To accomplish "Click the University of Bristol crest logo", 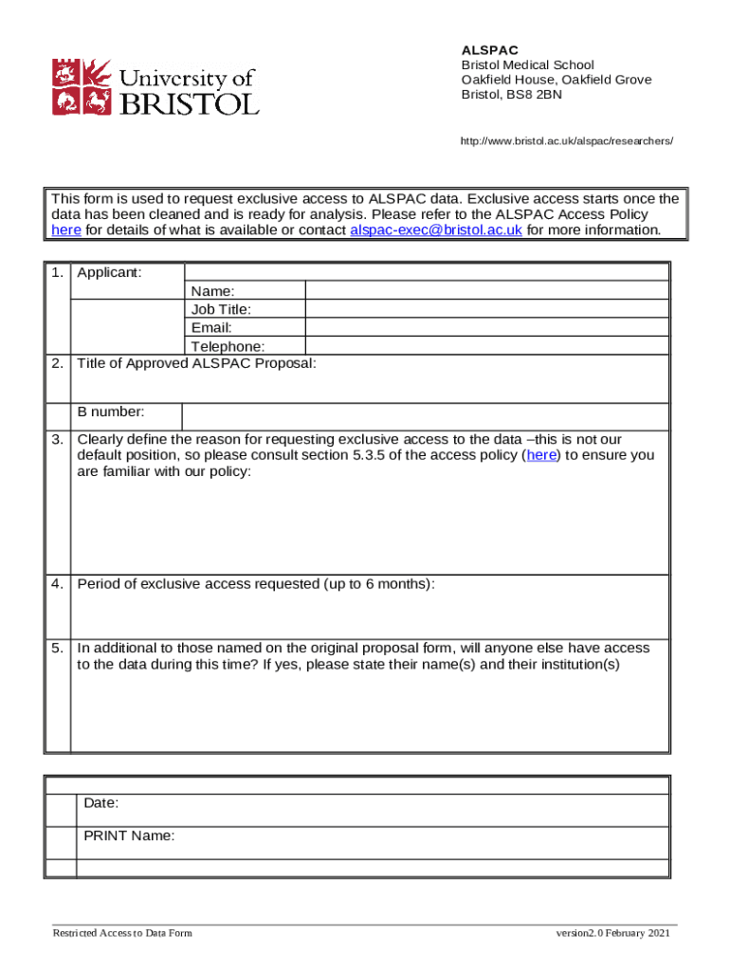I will pos(81,87).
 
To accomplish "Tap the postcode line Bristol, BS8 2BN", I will pos(511,95).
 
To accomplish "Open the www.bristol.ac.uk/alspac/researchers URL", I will pos(566,140).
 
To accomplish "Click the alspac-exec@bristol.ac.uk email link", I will pos(436,230).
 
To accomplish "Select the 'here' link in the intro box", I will pos(65,230).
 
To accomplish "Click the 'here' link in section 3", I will pos(541,455).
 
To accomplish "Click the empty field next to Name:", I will pos(486,291).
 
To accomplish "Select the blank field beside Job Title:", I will pos(486,309).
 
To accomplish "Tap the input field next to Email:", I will pos(486,328).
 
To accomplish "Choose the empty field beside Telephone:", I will pos(486,346).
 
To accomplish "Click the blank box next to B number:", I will pos(425,416).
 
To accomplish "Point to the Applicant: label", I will pos(109,273).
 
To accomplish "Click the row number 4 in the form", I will pos(58,584).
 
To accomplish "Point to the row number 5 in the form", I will pos(58,649).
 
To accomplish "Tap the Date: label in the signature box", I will pos(101,803).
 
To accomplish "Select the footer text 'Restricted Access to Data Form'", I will pos(122,934).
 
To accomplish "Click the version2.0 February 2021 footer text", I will pos(613,934).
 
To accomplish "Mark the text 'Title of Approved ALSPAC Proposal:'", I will pos(196,363).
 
